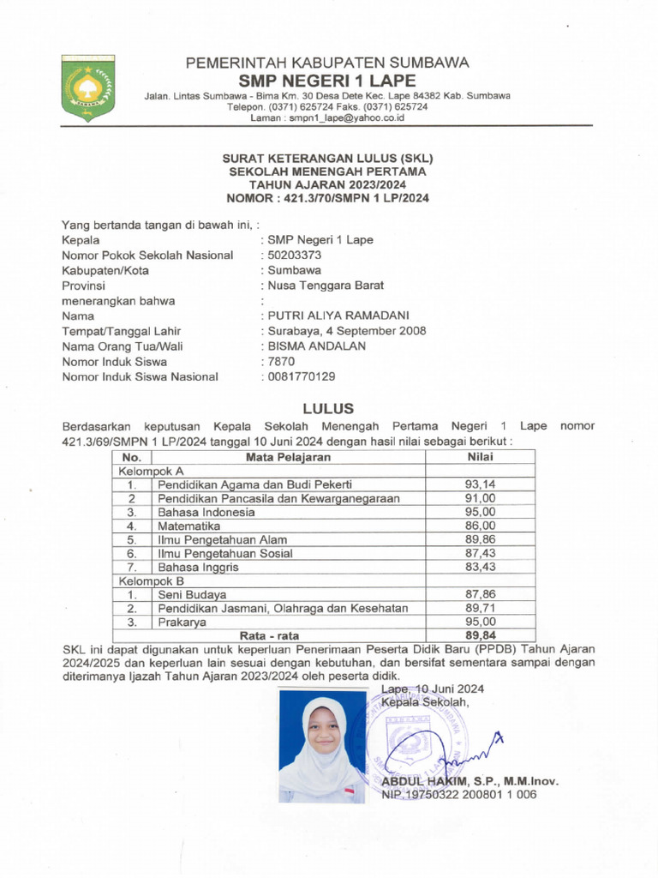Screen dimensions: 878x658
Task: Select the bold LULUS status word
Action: (328, 408)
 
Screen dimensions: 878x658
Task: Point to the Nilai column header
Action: (480, 456)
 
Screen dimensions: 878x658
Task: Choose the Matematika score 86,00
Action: (480, 526)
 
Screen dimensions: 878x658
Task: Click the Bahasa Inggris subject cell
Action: (198, 567)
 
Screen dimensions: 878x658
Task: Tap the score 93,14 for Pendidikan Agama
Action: (480, 484)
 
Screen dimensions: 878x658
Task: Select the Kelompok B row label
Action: (151, 580)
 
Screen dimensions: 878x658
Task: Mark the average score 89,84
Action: (480, 635)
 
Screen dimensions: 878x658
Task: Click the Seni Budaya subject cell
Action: (192, 594)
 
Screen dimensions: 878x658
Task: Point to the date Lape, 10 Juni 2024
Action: (433, 688)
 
